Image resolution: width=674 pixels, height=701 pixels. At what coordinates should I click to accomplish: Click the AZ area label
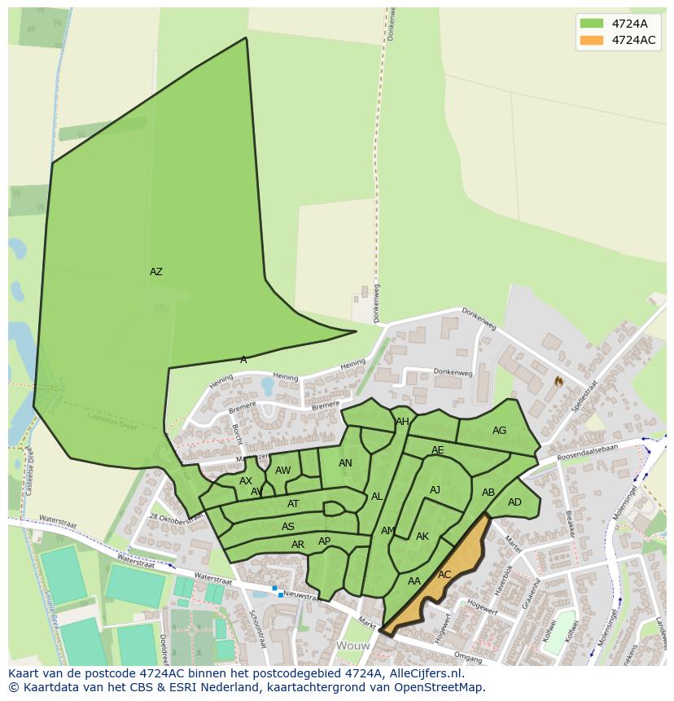[x=155, y=272]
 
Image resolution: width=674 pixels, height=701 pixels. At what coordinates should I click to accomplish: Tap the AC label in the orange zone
[x=444, y=575]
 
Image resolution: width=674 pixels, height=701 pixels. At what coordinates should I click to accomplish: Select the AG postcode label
[x=499, y=431]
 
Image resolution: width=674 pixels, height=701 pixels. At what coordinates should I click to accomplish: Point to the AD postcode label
[x=514, y=502]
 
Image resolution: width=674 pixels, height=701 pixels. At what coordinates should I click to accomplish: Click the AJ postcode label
[x=435, y=490]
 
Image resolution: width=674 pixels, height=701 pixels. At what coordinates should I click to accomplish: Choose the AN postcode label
[x=345, y=463]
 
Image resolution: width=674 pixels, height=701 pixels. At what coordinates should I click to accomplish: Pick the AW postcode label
[x=282, y=471]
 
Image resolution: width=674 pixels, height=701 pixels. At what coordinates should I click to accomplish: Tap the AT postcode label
[x=293, y=504]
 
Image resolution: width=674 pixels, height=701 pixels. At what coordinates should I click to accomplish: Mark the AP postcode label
[x=324, y=541]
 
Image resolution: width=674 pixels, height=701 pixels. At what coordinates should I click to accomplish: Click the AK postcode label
[x=422, y=537]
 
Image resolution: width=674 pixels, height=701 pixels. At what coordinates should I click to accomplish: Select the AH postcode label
[x=402, y=422]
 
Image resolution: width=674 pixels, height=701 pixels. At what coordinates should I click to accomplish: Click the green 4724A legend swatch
[x=592, y=24]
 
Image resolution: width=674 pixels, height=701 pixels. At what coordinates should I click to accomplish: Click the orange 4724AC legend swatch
[x=592, y=40]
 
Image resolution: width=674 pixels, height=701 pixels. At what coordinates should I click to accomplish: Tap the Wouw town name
[x=353, y=646]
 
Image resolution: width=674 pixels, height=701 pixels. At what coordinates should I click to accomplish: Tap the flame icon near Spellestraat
[x=558, y=380]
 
